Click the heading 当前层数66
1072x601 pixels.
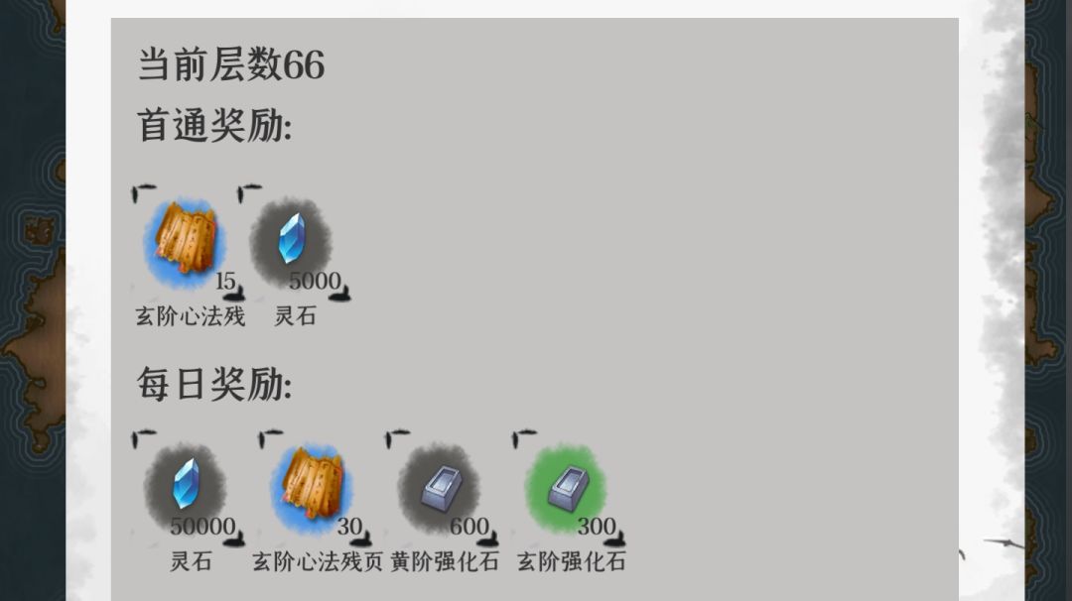pos(231,64)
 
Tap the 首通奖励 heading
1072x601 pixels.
pos(214,125)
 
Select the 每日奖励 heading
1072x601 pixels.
pos(214,383)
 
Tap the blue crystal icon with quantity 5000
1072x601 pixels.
pos(291,238)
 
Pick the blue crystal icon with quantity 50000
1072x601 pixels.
pos(186,484)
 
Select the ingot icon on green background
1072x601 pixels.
pos(567,486)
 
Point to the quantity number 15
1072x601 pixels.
pos(225,281)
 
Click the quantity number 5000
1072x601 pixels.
pos(315,281)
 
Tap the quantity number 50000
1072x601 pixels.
pos(202,527)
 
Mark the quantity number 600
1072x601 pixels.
pos(469,527)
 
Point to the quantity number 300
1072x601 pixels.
pos(597,527)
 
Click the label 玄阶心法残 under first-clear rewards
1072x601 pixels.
pos(190,316)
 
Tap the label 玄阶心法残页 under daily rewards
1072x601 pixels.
pos(318,561)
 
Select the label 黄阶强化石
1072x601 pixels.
pos(445,561)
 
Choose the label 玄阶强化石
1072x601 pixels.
pos(572,561)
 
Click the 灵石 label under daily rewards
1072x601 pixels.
pos(190,561)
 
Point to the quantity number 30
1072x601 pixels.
pos(349,527)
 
